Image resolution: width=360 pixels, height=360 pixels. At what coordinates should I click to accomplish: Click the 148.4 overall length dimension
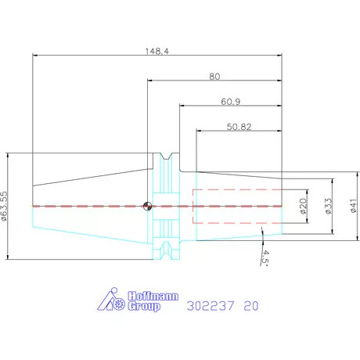157,51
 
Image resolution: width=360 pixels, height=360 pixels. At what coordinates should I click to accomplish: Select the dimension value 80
214,77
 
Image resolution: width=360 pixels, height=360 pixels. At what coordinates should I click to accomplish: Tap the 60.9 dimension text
231,102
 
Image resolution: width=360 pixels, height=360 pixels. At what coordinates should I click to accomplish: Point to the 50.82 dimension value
239,127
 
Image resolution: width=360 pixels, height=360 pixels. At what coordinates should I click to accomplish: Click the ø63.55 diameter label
4,207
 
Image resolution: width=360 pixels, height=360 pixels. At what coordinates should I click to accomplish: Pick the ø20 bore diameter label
303,206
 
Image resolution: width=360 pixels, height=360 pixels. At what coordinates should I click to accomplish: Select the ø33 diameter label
329,206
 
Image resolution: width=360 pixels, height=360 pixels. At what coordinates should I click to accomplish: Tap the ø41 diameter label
353,206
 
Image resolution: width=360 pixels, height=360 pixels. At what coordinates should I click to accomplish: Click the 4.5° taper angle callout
265,257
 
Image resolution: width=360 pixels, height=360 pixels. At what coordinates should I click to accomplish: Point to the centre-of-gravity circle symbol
147,207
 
